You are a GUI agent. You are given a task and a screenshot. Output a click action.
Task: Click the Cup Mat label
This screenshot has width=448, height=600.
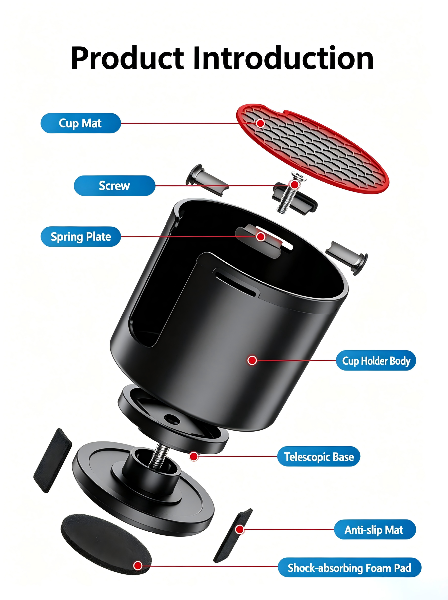81,123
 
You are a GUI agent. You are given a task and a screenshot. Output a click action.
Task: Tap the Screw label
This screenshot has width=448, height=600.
114,186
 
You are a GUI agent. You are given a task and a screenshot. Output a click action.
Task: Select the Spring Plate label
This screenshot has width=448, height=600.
81,237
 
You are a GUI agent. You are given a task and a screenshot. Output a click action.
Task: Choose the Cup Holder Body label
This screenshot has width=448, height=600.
376,360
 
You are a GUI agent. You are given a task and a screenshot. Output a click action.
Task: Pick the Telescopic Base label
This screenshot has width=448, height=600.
319,456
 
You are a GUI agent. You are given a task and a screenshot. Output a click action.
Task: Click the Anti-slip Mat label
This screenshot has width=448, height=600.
375,530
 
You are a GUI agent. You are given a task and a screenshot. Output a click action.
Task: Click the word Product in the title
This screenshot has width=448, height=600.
127,58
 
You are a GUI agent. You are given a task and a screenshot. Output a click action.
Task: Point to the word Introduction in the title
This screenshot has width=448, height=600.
283,58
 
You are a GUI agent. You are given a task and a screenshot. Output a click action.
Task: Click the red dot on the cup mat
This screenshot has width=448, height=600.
260,123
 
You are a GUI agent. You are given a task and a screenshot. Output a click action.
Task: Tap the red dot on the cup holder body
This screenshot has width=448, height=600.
252,360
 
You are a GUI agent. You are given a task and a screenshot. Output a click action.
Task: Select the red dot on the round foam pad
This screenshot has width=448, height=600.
138,566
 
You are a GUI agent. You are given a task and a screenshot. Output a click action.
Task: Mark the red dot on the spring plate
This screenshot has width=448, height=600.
261,237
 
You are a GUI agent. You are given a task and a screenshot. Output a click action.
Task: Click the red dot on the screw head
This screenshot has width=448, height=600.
295,185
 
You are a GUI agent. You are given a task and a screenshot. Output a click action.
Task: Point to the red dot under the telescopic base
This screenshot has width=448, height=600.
194,456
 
